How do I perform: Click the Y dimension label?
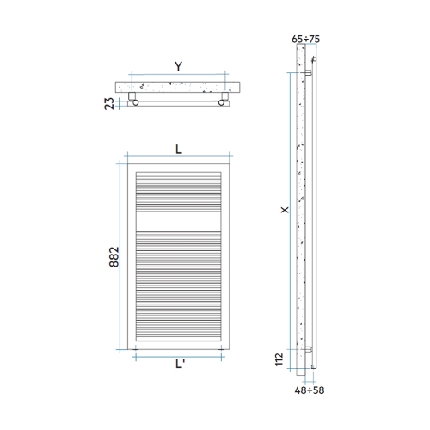pos(178,65)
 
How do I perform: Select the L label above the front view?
pos(178,147)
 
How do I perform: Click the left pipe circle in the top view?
pos(134,103)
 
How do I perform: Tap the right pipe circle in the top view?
pos(224,103)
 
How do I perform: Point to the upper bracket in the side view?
pos(308,75)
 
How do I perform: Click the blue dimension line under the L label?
pos(178,157)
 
